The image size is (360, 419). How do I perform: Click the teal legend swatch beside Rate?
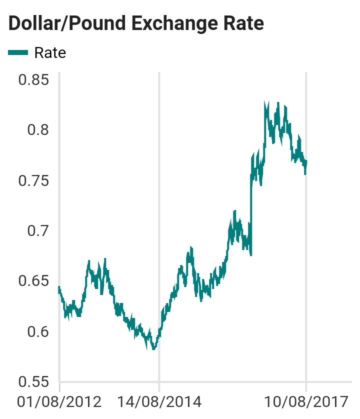(18, 52)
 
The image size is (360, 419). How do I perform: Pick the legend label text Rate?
(50, 52)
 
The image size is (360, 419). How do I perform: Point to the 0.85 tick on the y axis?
(34, 80)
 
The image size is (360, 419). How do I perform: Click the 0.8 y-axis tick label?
(39, 130)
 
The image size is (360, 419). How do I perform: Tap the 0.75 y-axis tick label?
(34, 180)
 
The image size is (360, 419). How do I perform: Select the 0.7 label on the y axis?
(39, 231)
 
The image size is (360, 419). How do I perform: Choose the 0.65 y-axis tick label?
(34, 281)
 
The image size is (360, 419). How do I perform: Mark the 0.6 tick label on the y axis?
(39, 331)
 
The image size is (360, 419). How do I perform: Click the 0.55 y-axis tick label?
(34, 382)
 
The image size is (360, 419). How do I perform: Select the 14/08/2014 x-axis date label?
(159, 402)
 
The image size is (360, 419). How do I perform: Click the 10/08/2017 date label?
(305, 402)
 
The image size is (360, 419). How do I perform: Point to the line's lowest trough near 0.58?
(153, 348)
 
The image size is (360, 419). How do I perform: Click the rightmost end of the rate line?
(306, 161)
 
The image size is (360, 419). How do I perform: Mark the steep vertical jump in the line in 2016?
(251, 210)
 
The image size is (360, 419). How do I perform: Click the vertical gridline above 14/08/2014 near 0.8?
(159, 130)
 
